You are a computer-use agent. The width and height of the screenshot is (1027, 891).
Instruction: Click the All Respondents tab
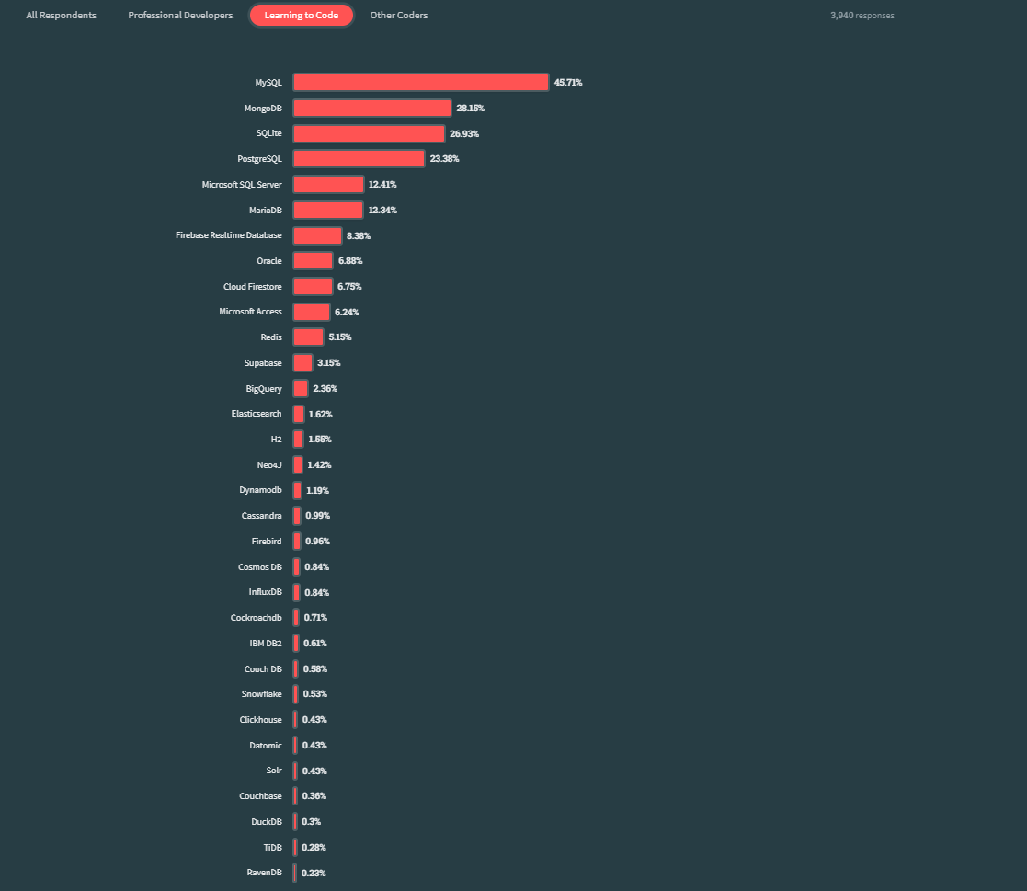coord(61,16)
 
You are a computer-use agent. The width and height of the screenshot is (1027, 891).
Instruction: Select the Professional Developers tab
coord(180,16)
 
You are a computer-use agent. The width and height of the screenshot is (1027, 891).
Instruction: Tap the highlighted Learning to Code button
coord(302,16)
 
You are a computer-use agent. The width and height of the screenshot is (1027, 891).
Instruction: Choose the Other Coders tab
coord(398,16)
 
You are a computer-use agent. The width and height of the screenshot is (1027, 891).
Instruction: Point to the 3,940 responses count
coord(862,16)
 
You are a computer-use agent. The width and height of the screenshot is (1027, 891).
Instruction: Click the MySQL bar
coord(420,83)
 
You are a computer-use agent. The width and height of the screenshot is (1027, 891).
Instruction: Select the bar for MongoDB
coord(371,109)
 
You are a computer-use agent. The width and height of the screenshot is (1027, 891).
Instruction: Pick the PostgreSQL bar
coord(359,159)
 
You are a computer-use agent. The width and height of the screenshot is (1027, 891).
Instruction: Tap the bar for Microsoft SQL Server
coord(328,185)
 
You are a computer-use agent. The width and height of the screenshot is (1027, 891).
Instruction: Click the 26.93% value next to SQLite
coord(464,133)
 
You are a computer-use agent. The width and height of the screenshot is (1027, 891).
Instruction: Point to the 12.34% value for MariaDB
coord(382,211)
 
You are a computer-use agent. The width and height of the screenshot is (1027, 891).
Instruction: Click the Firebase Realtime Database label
coord(229,235)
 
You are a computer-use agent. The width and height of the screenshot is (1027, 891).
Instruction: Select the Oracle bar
coord(313,261)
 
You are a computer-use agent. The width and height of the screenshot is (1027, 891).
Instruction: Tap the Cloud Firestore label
coord(253,287)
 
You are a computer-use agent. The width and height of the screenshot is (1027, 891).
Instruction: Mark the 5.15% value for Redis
coord(340,337)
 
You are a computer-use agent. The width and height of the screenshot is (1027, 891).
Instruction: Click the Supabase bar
coord(302,363)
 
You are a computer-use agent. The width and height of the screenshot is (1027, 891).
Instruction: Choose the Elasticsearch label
coord(257,414)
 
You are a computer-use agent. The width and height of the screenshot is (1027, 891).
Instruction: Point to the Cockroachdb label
coord(257,617)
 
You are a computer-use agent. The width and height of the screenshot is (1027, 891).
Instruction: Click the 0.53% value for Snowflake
coord(314,693)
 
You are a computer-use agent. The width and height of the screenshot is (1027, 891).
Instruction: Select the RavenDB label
coord(265,872)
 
